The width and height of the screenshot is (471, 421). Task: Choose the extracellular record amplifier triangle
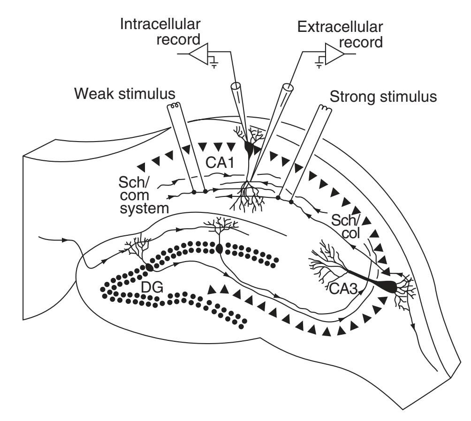pos(334,54)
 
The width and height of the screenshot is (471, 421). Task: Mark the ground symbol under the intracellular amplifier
pos(213,62)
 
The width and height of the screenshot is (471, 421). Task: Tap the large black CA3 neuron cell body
pos(390,285)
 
